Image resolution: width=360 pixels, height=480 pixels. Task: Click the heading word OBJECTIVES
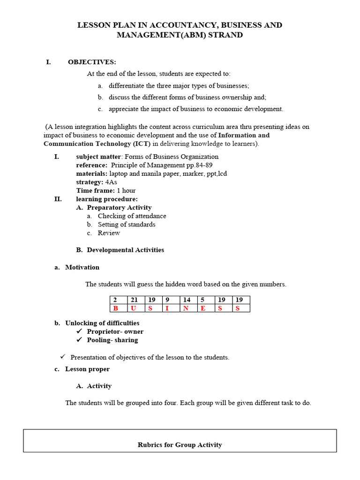coord(92,62)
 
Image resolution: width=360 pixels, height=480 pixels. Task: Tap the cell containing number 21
coord(134,300)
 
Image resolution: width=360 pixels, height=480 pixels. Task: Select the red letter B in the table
coord(115,308)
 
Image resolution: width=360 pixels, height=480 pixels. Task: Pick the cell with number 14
coord(187,300)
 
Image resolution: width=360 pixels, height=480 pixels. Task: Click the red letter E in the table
coord(202,308)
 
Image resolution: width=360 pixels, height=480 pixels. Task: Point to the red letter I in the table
coord(167,308)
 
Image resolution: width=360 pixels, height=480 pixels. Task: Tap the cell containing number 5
coord(202,300)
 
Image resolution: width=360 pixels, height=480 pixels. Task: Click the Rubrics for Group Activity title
coord(180,444)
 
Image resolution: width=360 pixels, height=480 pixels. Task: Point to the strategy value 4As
coord(111,182)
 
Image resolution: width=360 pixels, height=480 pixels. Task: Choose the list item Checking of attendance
coord(132,216)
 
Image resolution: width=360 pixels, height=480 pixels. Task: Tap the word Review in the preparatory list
coord(109,233)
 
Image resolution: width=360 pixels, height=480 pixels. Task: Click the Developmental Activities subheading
coord(125,250)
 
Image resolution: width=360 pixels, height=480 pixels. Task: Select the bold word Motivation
coord(82,267)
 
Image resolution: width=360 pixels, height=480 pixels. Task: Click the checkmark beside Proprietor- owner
coord(79,331)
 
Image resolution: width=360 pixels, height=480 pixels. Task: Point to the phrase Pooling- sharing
coord(112,340)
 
